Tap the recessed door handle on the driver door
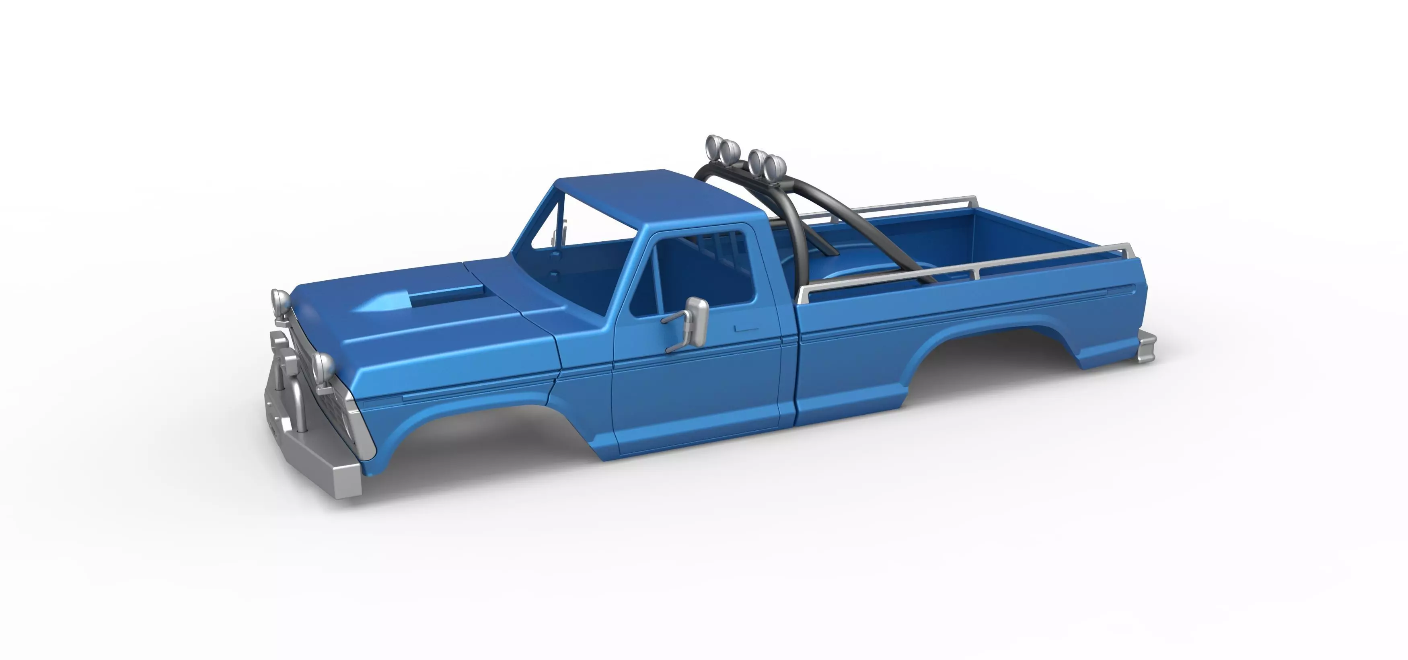click(747, 329)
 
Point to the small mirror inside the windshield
click(557, 232)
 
